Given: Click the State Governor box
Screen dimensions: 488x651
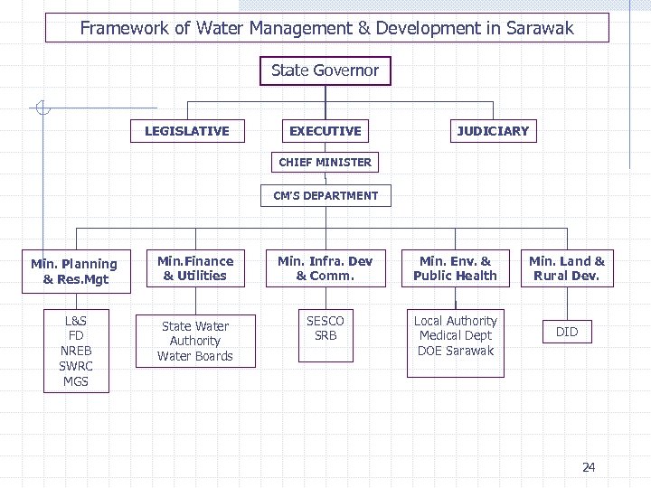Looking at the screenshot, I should tap(325, 70).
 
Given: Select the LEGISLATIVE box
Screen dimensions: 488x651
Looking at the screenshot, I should tap(187, 131).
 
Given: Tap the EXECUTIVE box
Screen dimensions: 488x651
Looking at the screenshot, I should tap(325, 131).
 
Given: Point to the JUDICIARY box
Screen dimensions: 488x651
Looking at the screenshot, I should tap(492, 131).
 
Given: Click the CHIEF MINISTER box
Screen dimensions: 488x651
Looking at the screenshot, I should tap(325, 163).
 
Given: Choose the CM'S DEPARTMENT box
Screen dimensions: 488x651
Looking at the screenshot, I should tap(325, 195).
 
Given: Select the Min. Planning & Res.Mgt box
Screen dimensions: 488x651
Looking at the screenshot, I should tap(74, 271).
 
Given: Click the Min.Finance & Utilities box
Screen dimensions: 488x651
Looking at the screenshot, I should tap(195, 268).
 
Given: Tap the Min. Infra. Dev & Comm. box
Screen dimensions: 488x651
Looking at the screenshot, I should tap(325, 268).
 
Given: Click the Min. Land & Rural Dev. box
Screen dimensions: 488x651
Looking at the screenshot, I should tap(567, 268).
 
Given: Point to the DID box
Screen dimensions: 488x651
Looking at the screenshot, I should tap(567, 332).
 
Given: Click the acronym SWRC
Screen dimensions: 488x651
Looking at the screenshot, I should tap(76, 366).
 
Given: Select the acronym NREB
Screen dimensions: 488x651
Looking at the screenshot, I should tap(76, 351).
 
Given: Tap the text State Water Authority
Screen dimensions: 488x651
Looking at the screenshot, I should tap(195, 333).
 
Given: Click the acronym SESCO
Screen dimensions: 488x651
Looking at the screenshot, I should tap(325, 321).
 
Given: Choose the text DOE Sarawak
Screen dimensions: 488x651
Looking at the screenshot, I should tap(456, 351).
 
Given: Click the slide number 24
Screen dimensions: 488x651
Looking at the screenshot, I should tap(589, 467).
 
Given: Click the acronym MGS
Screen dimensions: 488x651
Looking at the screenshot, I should tap(76, 381).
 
